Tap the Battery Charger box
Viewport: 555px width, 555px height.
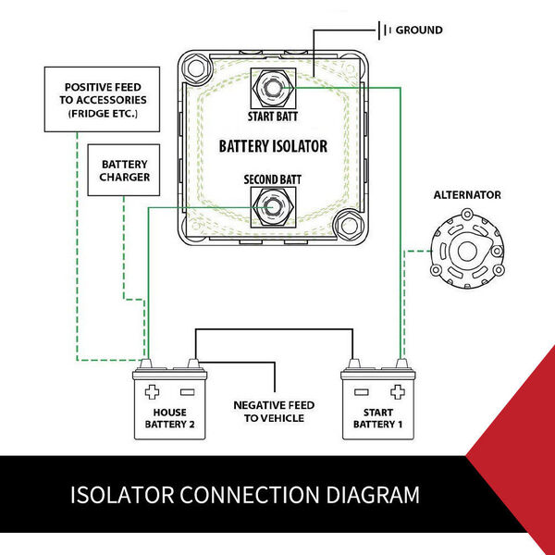pyautogui.click(x=125, y=170)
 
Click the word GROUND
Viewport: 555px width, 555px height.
pyautogui.click(x=421, y=31)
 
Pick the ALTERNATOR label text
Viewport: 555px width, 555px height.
pyautogui.click(x=467, y=195)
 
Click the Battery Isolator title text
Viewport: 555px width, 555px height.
pyautogui.click(x=273, y=146)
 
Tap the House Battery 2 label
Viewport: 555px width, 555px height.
pyautogui.click(x=170, y=417)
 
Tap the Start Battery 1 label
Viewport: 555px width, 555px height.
pyautogui.click(x=379, y=417)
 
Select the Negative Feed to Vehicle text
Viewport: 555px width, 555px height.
pyautogui.click(x=275, y=412)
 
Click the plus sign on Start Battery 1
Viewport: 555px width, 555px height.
pyautogui.click(x=398, y=389)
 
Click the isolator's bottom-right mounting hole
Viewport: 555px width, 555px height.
pyautogui.click(x=349, y=223)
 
